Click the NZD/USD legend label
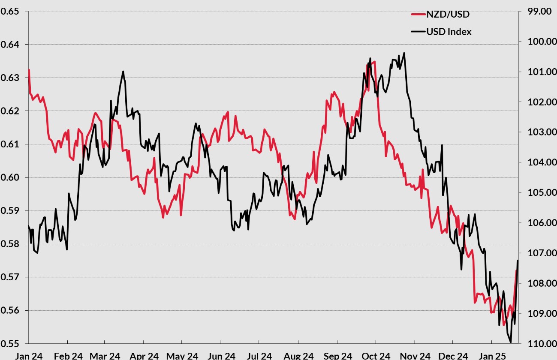click(x=448, y=14)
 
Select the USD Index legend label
click(x=449, y=31)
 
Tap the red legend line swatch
click(x=417, y=14)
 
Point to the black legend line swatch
click(x=417, y=31)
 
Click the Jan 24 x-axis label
click(x=28, y=355)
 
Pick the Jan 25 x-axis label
click(x=492, y=355)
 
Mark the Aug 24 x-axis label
click(x=298, y=355)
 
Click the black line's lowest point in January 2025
click(x=511, y=342)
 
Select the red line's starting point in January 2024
click(x=29, y=69)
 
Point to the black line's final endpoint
click(x=518, y=261)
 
